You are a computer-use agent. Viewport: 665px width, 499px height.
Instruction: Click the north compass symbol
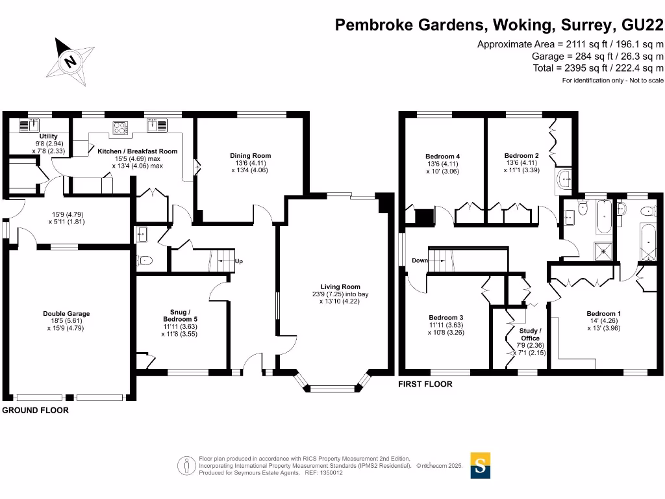click(x=69, y=61)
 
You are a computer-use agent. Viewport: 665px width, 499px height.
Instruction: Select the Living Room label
click(x=340, y=287)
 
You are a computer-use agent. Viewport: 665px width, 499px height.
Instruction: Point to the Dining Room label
click(x=250, y=155)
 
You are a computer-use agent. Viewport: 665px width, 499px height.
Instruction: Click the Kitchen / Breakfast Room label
click(x=138, y=151)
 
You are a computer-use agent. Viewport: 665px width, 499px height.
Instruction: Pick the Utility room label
click(x=49, y=136)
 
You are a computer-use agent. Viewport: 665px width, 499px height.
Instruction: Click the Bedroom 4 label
click(x=443, y=156)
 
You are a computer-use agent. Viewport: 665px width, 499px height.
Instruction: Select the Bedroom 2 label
click(x=521, y=156)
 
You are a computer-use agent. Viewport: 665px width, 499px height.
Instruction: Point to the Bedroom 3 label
click(x=446, y=317)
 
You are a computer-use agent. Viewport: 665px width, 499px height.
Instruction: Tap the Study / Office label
click(x=531, y=335)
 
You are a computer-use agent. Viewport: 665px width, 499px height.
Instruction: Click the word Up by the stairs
click(x=238, y=261)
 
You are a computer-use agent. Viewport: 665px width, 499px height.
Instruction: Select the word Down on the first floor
click(x=419, y=261)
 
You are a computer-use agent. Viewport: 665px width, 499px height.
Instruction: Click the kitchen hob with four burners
click(x=120, y=127)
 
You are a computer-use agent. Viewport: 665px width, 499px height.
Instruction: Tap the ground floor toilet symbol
click(x=145, y=261)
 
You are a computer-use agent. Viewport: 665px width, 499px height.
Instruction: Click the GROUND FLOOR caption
click(x=36, y=411)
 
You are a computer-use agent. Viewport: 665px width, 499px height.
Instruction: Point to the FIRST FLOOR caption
click(x=425, y=384)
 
